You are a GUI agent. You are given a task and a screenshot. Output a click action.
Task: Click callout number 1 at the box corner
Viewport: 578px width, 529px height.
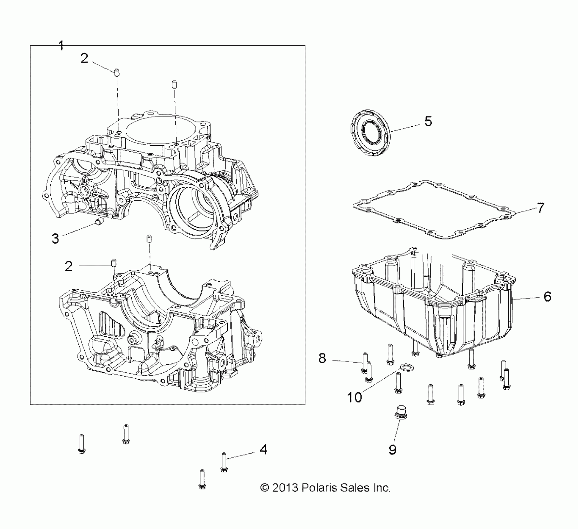click(x=61, y=46)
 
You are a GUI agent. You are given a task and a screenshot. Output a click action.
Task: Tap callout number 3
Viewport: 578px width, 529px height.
click(x=55, y=239)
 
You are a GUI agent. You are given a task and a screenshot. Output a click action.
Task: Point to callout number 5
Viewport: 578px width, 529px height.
click(x=428, y=121)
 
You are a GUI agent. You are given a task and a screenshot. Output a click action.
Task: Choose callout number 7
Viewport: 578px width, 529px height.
click(x=541, y=208)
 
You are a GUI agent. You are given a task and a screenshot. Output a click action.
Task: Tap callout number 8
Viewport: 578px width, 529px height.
click(x=322, y=358)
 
